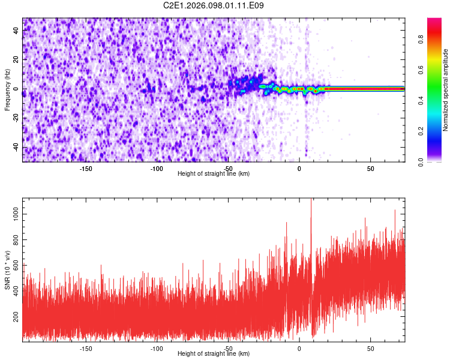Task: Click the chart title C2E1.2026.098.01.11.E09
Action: (x=214, y=5)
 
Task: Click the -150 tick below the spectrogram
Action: (x=85, y=169)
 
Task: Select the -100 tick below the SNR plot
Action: (x=157, y=349)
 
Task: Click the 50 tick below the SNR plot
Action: (x=370, y=349)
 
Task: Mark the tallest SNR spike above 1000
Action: (x=311, y=200)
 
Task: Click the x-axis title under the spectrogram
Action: (x=214, y=174)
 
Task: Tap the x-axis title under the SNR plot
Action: (x=214, y=354)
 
